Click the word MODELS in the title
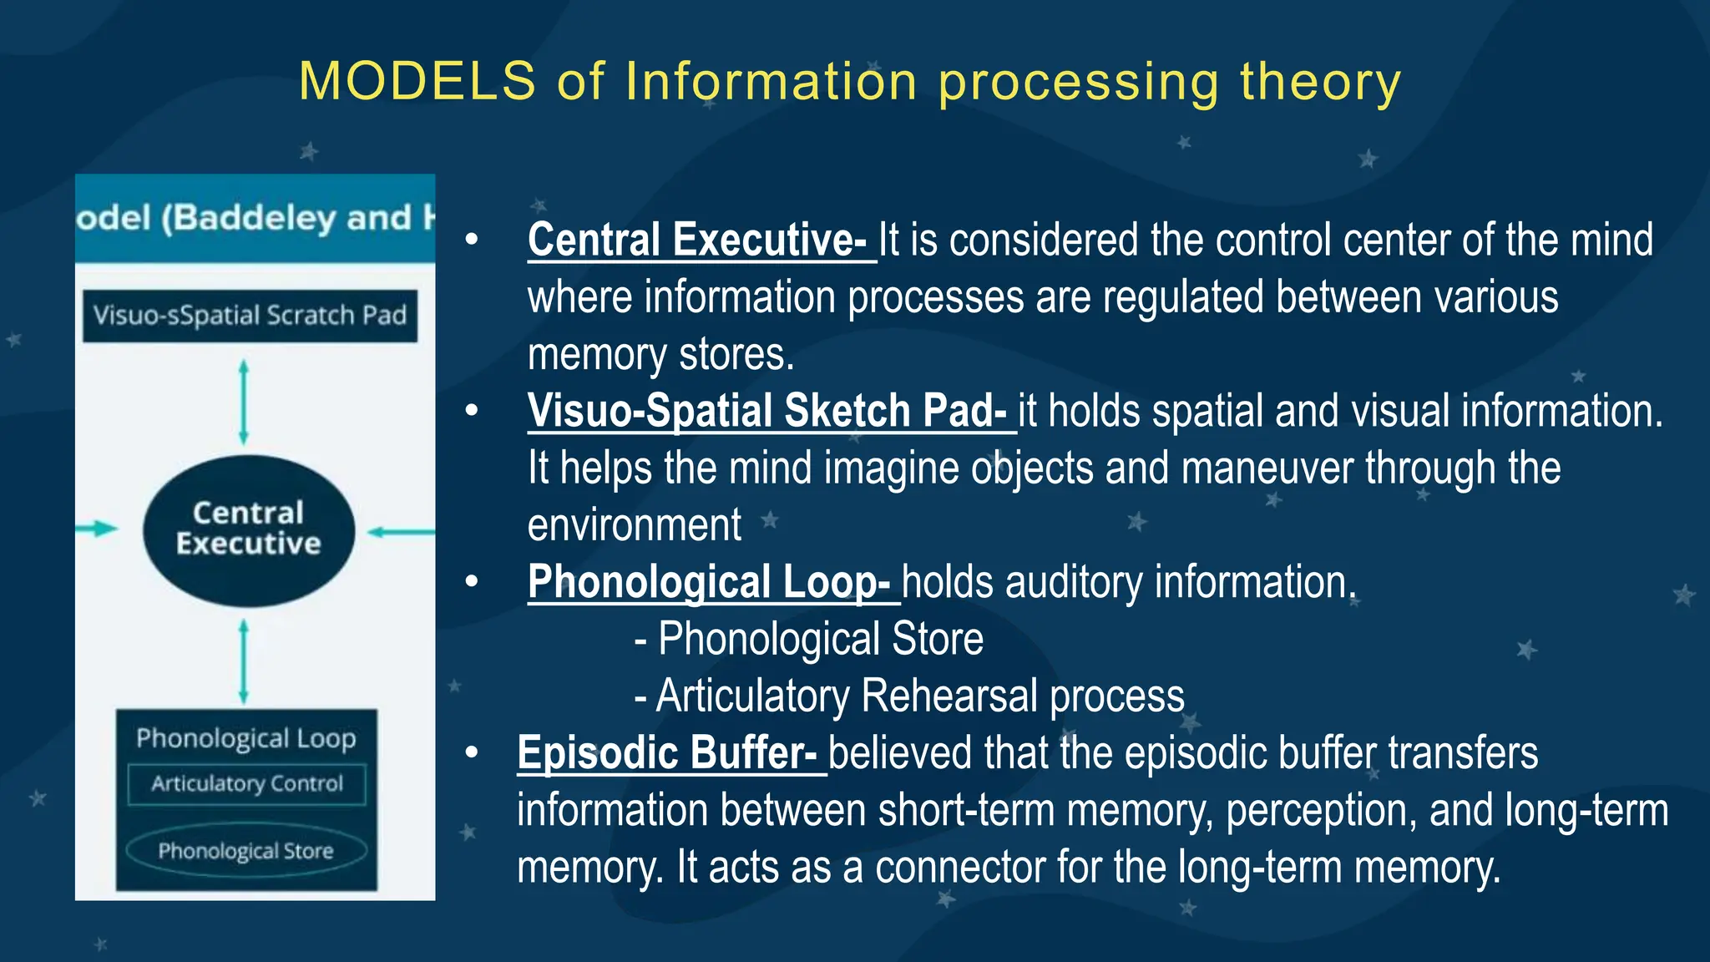pos(417,82)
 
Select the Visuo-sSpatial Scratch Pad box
pos(250,316)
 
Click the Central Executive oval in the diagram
pos(249,529)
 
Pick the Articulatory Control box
pos(247,784)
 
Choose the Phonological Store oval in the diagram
pos(246,851)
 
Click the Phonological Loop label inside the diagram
pos(246,738)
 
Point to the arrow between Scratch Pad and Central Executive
pos(244,403)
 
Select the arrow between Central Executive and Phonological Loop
pos(244,661)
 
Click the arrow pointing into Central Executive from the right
pos(401,531)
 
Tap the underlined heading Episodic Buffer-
pos(668,753)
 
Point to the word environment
pos(635,525)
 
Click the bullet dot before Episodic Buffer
pos(472,753)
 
